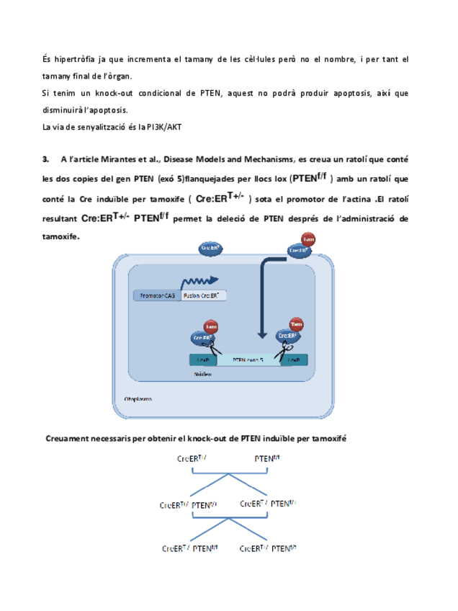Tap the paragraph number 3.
coord(45,160)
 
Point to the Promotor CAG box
coord(156,295)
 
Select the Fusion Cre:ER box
coord(203,295)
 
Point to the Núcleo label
coord(202,375)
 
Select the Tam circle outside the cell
coord(308,239)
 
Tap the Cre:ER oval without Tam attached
coord(211,249)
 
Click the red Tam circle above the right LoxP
coord(296,325)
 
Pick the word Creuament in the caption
coord(68,437)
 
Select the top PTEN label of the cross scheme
coord(267,458)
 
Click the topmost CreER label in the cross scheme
coord(192,458)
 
